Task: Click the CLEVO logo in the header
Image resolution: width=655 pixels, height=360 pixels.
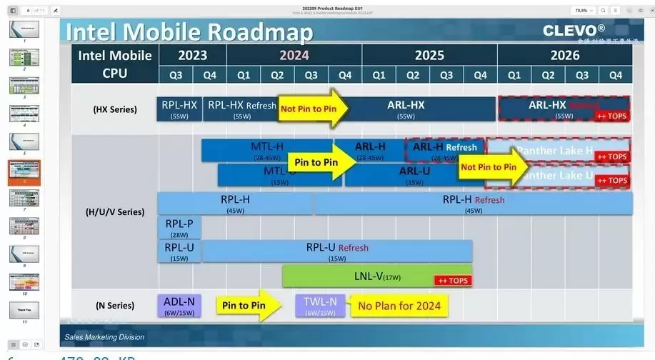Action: [574, 30]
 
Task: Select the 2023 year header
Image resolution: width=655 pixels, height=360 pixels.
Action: [192, 55]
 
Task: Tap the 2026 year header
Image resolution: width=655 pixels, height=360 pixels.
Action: [564, 55]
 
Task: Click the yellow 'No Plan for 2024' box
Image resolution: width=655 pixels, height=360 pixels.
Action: [399, 306]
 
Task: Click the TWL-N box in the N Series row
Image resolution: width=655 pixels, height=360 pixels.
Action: [319, 306]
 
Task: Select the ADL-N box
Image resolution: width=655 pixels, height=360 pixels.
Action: [179, 306]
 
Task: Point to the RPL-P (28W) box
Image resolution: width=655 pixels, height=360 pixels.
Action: [179, 227]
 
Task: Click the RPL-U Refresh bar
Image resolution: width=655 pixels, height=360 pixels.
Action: [337, 251]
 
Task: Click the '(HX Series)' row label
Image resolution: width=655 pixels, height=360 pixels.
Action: [114, 109]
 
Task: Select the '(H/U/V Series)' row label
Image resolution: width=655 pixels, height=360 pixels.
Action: [114, 211]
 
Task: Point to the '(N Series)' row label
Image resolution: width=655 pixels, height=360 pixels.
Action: [114, 305]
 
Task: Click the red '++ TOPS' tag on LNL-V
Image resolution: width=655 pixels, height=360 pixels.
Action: [453, 281]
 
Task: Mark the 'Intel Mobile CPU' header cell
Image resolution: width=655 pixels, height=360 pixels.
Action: [115, 64]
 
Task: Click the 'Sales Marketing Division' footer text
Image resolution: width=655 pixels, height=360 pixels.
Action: [104, 337]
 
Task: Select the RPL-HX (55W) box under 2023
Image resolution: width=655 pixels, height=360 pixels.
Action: [179, 109]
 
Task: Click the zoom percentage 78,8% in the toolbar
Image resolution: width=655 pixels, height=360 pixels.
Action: [581, 11]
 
